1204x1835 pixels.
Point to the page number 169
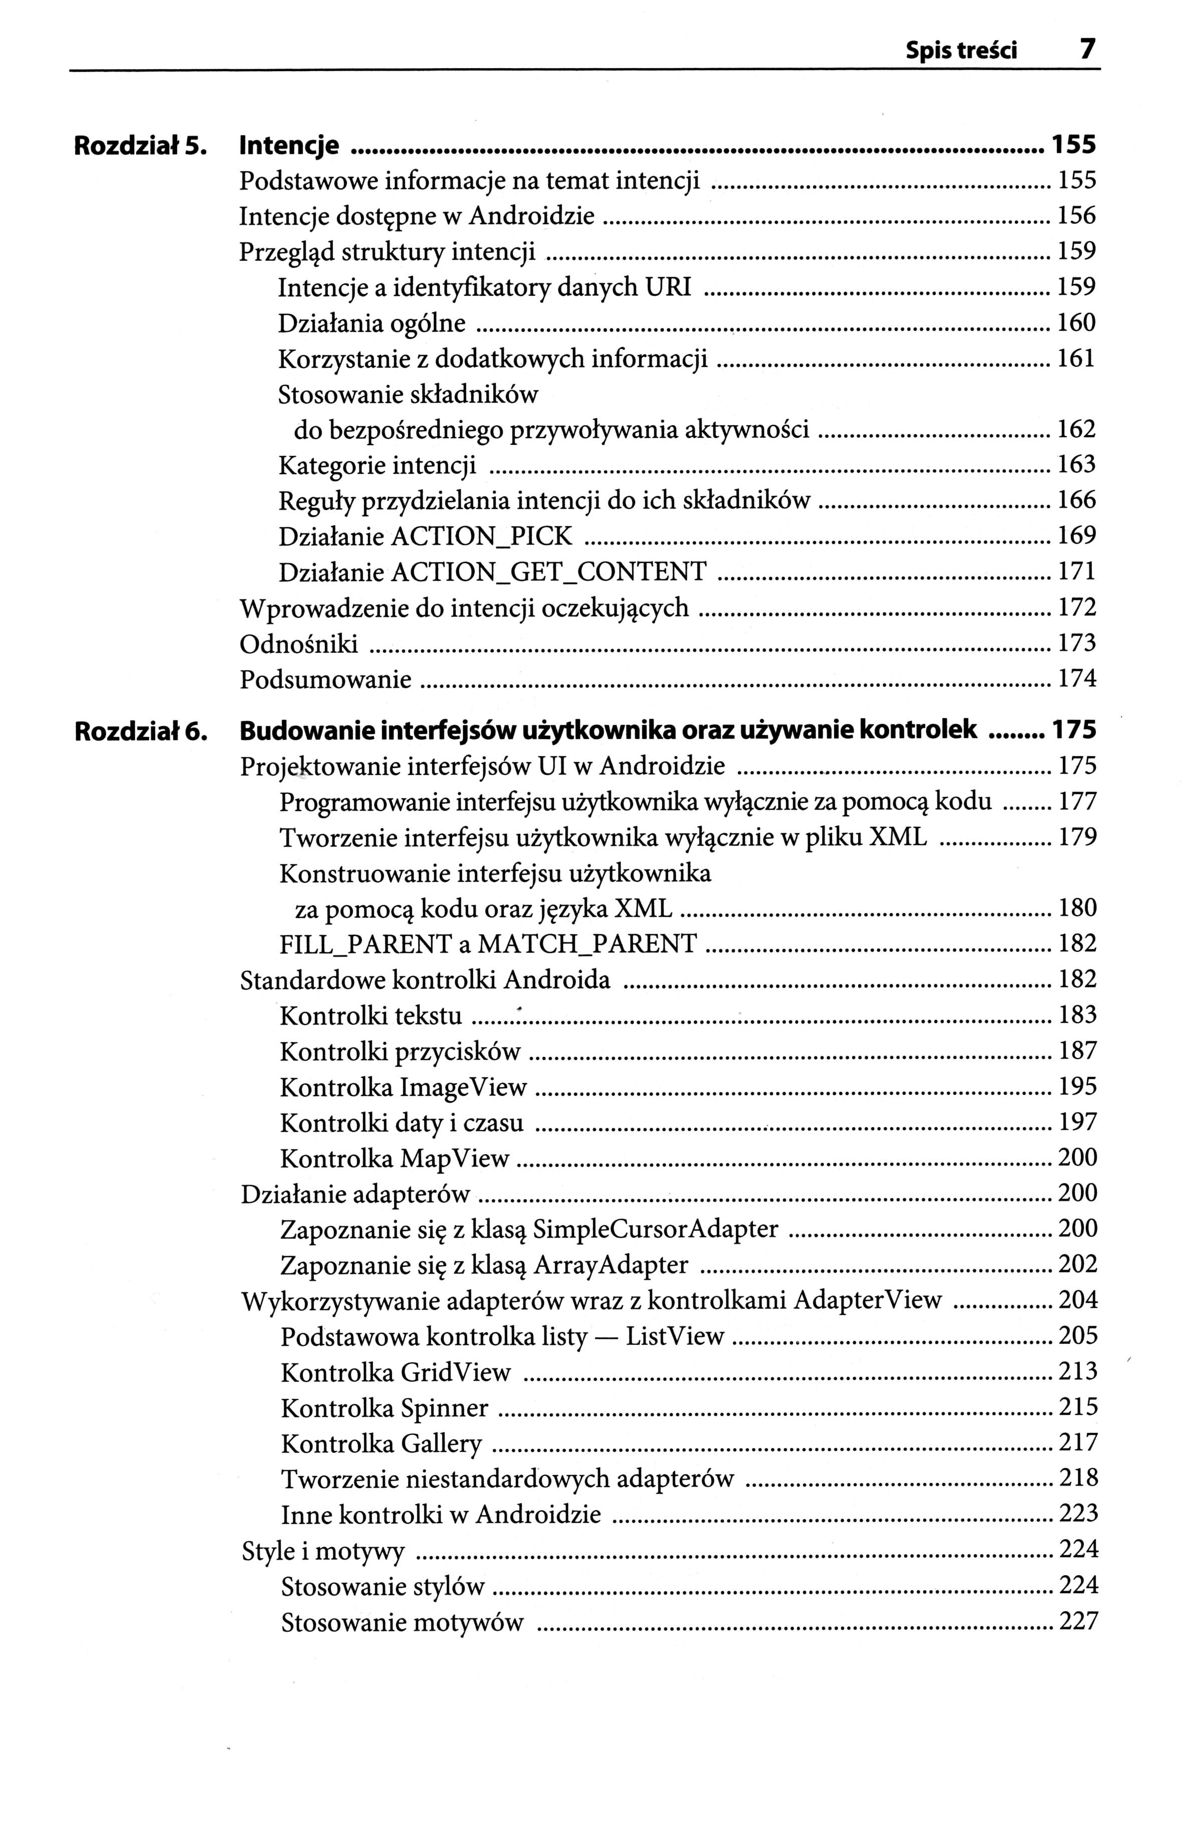click(x=1077, y=535)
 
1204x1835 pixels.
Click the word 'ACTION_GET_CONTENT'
click(x=550, y=571)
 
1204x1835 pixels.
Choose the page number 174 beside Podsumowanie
click(x=1077, y=679)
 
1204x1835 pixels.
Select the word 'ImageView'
click(x=462, y=1087)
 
